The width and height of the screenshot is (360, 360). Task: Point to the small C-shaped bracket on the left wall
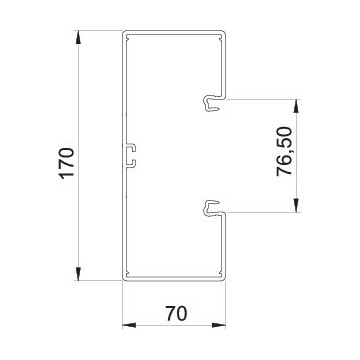[x=131, y=155]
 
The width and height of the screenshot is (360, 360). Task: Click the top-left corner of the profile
[x=123, y=34]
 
